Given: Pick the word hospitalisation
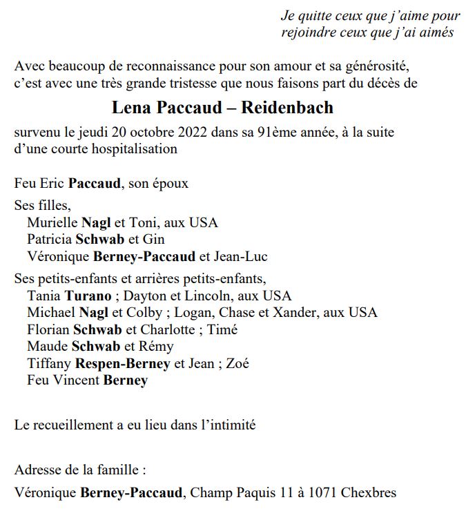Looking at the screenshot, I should [x=135, y=148].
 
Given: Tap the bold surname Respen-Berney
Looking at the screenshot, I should [x=122, y=363].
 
